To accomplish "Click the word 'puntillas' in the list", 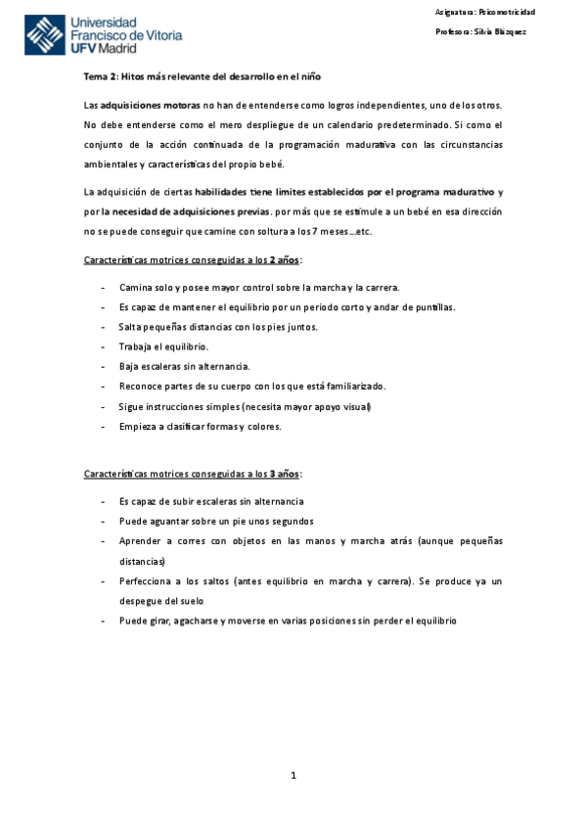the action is click(x=431, y=307).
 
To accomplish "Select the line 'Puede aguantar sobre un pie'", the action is click(x=216, y=521).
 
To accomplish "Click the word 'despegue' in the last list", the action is click(x=144, y=601).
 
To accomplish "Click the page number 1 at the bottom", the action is click(x=293, y=776).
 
